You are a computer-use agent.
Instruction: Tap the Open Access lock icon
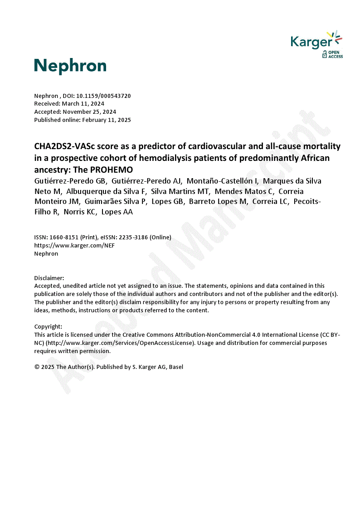point(325,55)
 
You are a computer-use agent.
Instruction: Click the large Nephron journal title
point(70,66)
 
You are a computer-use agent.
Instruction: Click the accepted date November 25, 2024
point(89,112)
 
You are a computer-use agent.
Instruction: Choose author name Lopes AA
point(117,212)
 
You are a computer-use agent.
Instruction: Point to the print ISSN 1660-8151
point(63,238)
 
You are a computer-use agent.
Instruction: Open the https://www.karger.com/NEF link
point(74,246)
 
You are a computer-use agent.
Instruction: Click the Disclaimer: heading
point(49,277)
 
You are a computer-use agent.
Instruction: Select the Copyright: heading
point(48,326)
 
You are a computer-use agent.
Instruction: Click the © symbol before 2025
point(37,367)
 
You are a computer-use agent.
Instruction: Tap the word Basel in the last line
point(176,367)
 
